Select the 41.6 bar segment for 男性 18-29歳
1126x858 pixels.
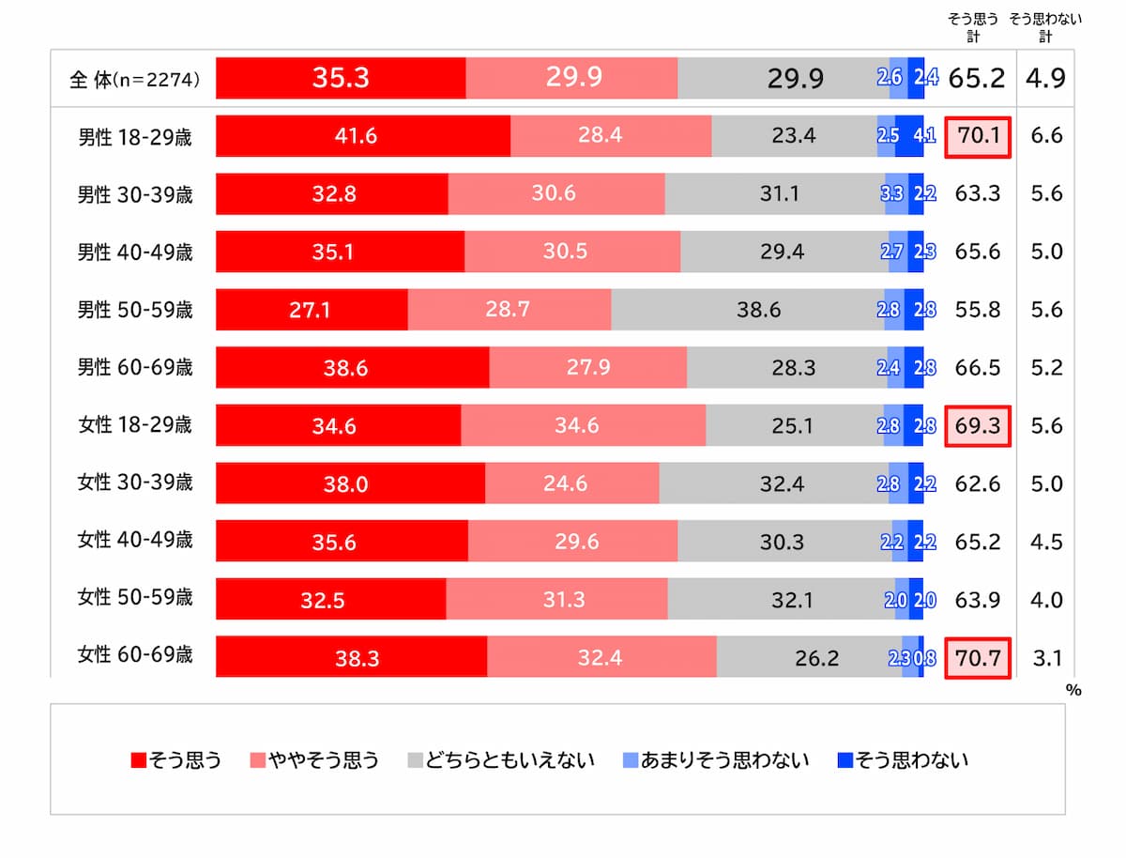coord(362,136)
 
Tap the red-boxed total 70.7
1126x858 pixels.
coord(977,658)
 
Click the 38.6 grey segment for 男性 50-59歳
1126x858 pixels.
coord(747,310)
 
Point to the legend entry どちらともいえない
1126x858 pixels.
coord(501,759)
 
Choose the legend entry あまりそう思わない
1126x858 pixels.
coord(715,759)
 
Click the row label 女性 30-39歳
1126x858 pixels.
coord(135,483)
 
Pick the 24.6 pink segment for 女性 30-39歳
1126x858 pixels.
coord(571,484)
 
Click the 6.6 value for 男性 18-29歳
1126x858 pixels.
coord(1045,136)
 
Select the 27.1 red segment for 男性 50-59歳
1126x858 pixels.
coord(312,310)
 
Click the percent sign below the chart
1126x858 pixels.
coord(1073,690)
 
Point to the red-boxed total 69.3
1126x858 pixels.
coord(977,426)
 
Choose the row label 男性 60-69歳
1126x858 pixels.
coord(135,368)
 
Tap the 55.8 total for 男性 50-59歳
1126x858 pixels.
coord(977,310)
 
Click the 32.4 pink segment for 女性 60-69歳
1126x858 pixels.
coord(601,658)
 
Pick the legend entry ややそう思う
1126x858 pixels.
coord(314,759)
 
